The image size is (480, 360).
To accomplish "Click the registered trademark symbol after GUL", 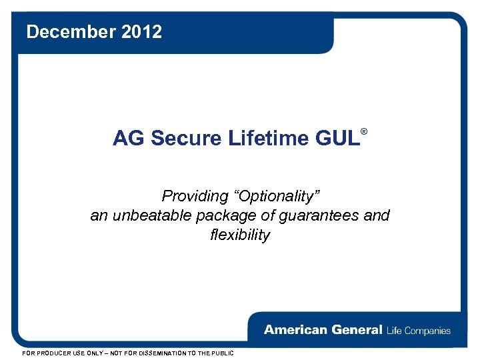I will pos(364,132).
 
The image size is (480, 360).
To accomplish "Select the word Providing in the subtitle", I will pos(195,196).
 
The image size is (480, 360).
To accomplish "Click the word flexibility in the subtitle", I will pos(240,235).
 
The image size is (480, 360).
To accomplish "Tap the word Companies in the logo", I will pos(427,330).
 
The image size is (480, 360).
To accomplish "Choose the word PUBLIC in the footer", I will pos(221,353).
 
